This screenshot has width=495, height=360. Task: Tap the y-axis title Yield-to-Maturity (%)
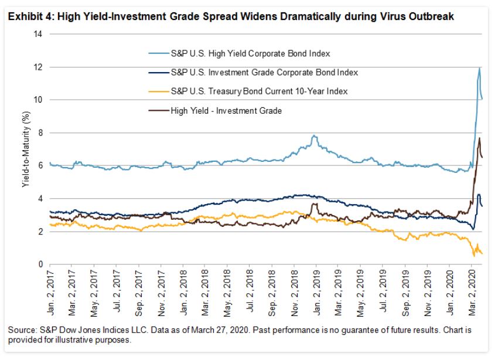pos(26,150)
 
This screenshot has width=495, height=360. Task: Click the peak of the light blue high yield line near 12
pos(480,68)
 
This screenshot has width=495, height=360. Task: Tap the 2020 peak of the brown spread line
pos(479,138)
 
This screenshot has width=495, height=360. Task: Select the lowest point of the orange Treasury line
pos(474,256)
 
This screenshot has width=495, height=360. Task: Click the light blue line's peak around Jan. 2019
pos(315,136)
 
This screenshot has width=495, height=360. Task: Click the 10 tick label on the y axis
pos(39,100)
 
